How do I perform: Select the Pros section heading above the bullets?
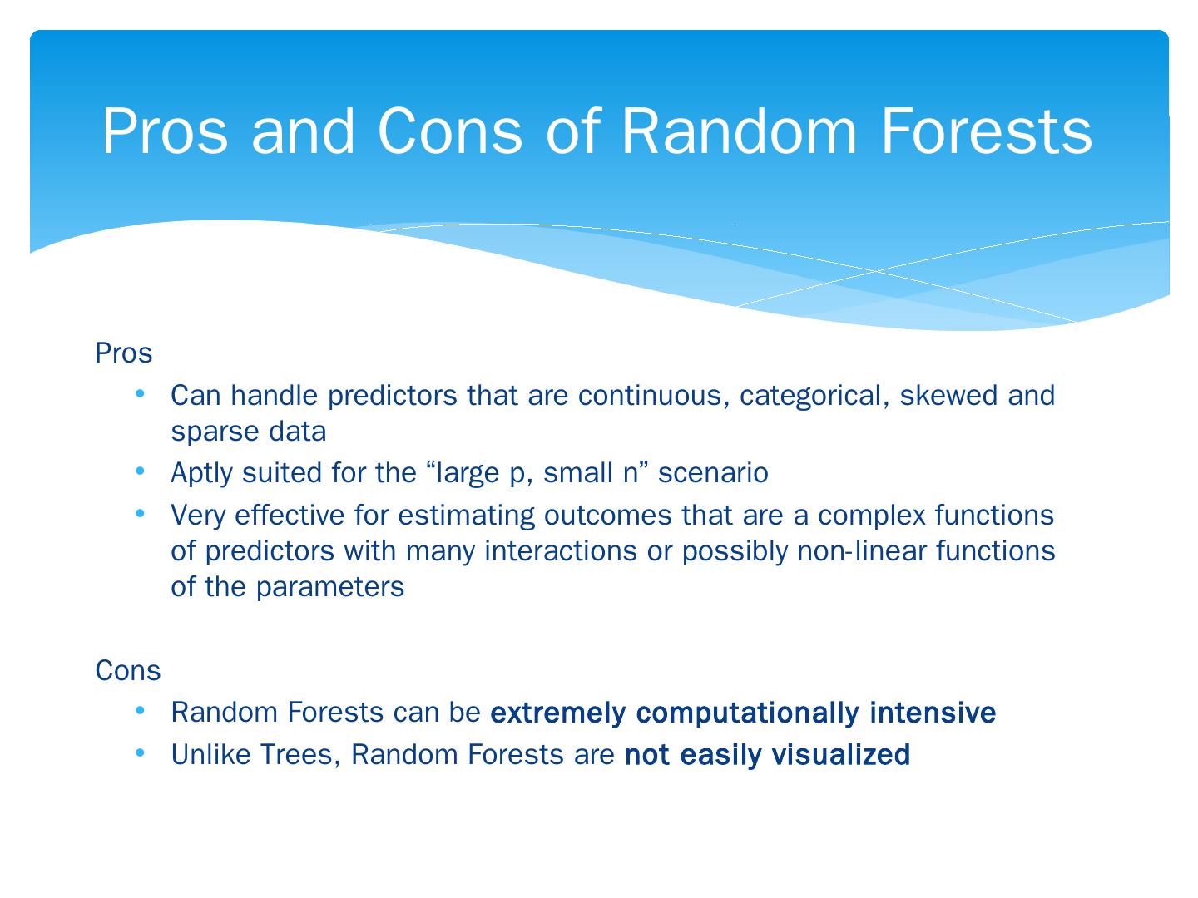point(123,353)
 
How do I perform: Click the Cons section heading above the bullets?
point(128,670)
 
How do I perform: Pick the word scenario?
point(713,473)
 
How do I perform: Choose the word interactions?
point(561,550)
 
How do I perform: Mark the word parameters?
point(330,588)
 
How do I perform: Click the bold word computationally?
point(748,713)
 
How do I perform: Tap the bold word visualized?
point(840,755)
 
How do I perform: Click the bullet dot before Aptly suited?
point(141,471)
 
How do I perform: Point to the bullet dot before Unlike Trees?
point(141,753)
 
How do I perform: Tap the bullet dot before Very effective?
point(141,513)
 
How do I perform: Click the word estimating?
point(467,516)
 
